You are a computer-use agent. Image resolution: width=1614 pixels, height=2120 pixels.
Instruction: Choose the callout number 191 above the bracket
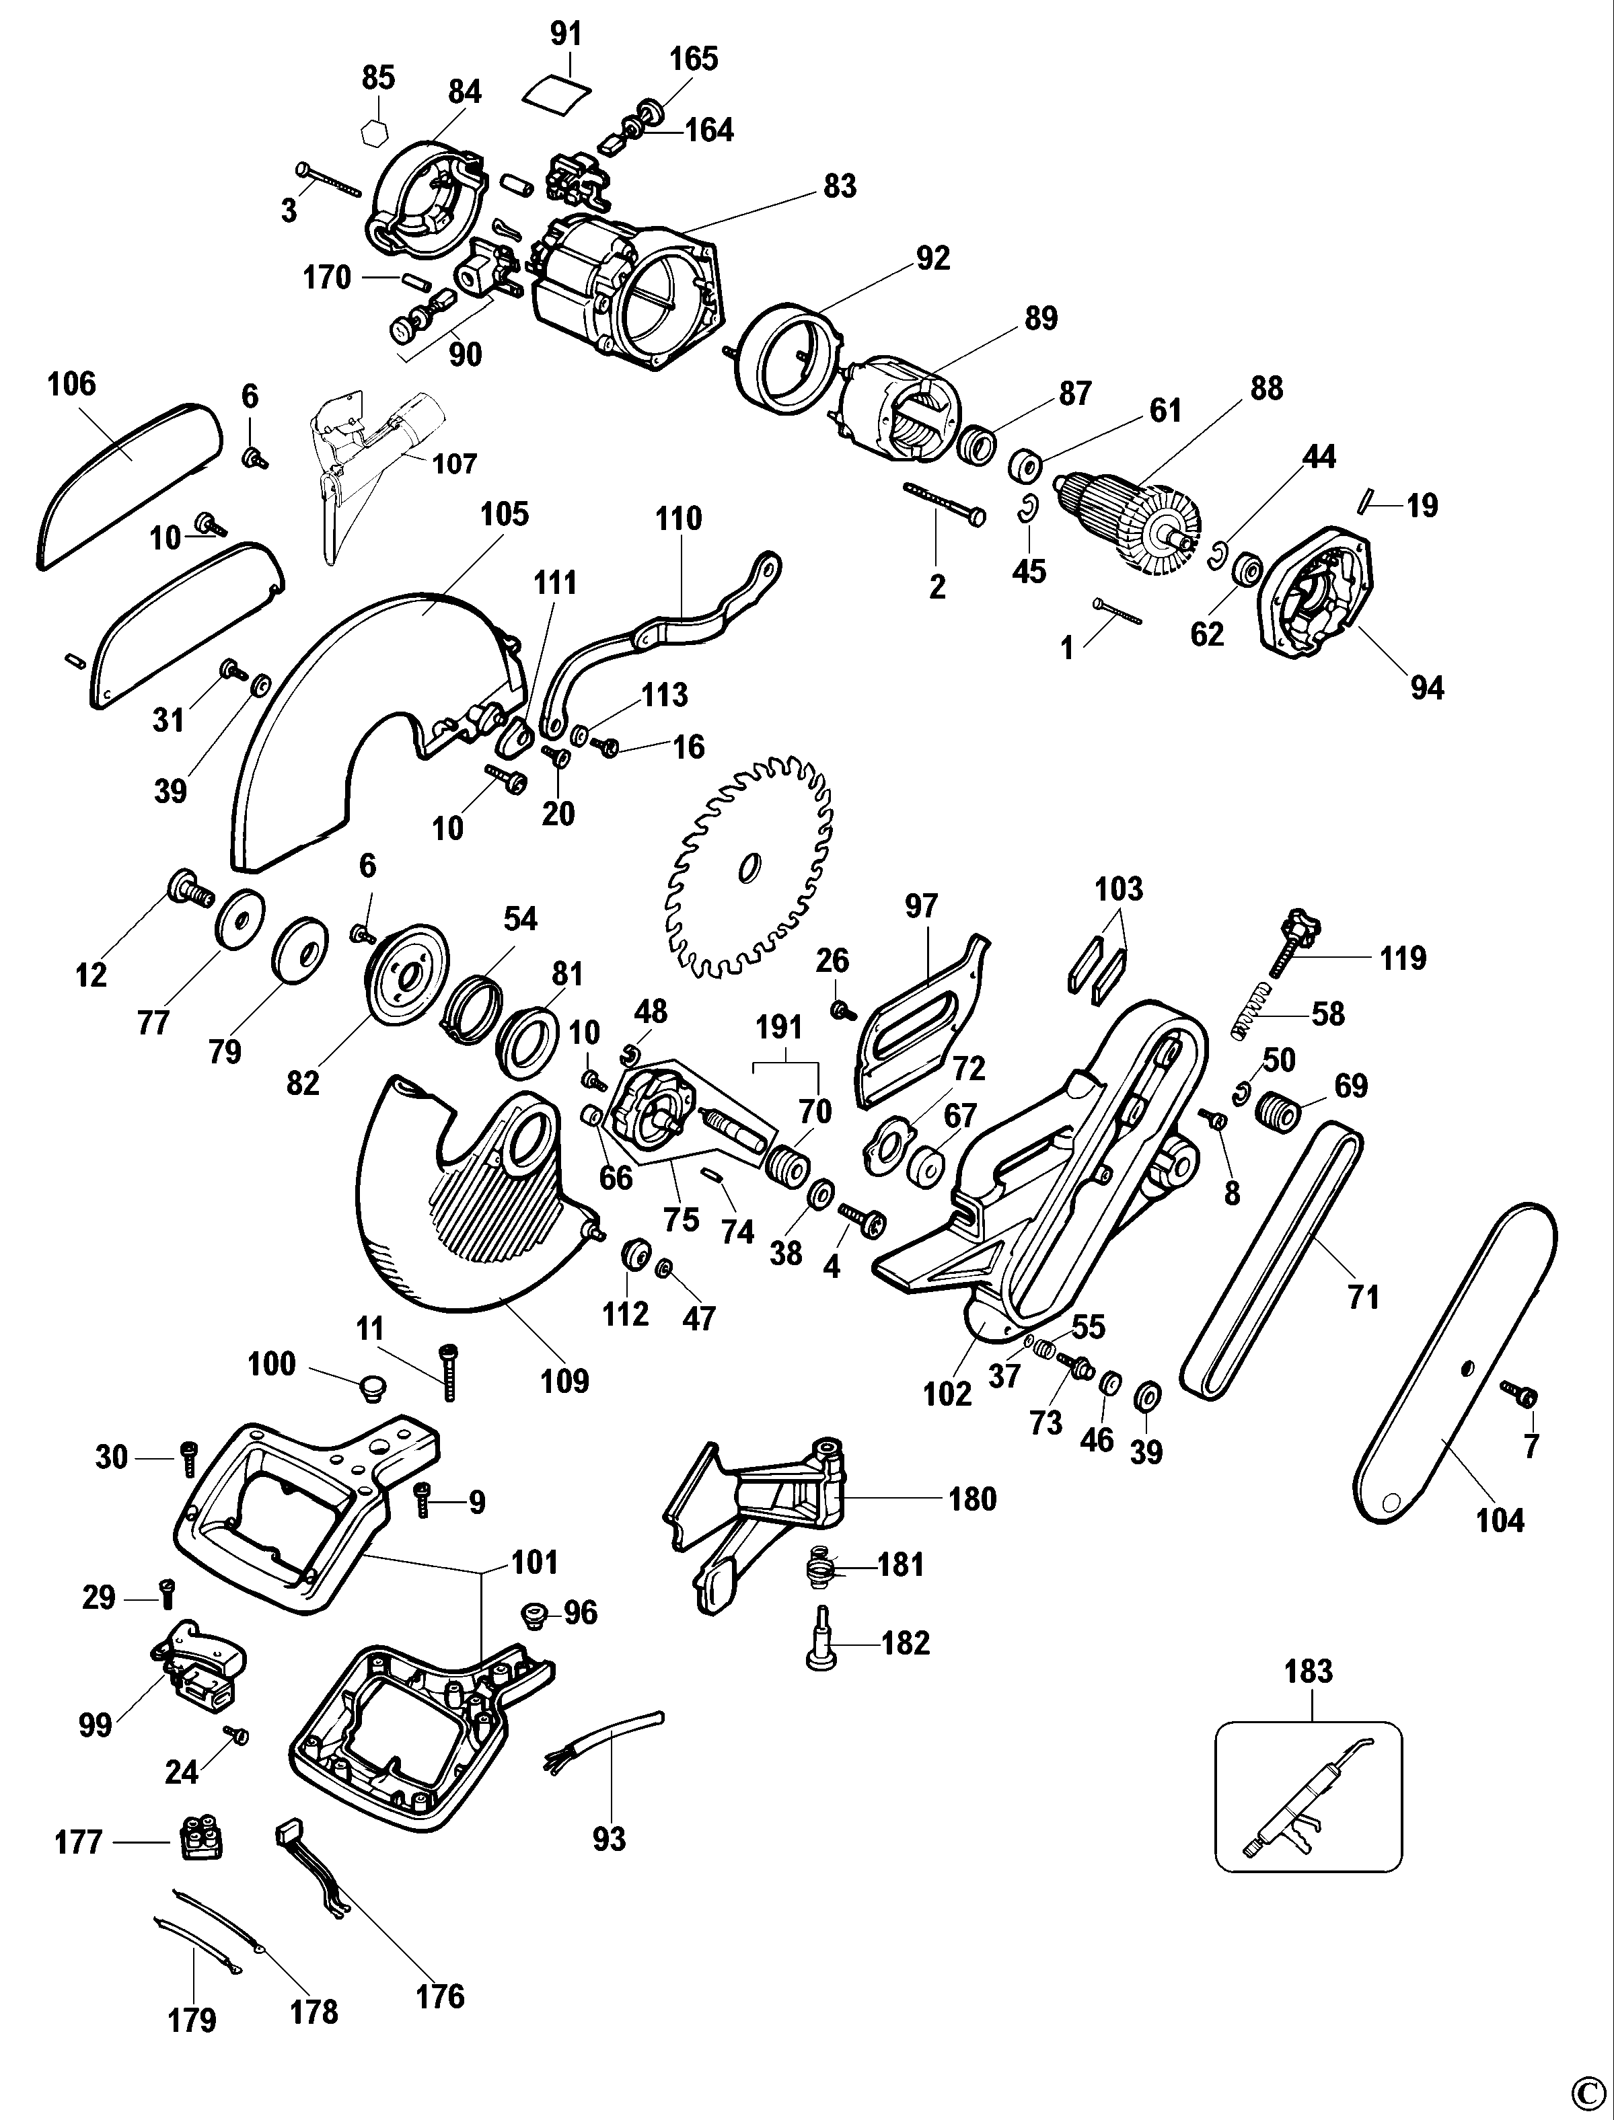click(778, 1027)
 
